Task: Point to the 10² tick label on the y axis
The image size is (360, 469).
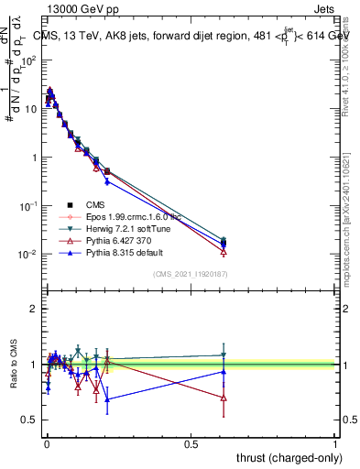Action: click(x=30, y=60)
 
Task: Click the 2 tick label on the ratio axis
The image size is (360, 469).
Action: click(x=34, y=310)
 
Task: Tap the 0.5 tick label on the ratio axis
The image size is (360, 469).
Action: click(x=30, y=420)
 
